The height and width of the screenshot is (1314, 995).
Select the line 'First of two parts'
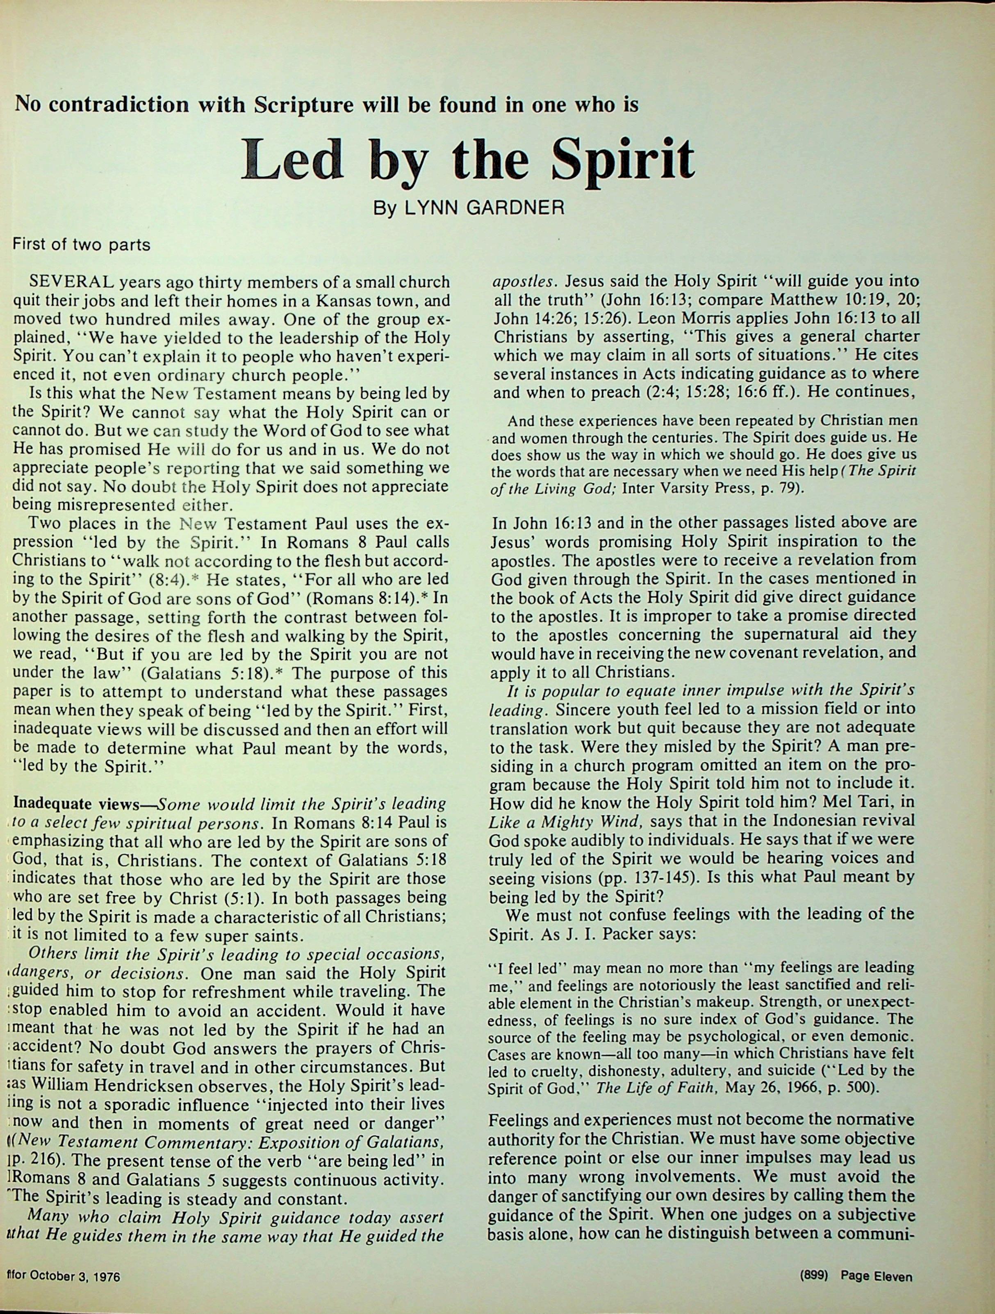81,245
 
